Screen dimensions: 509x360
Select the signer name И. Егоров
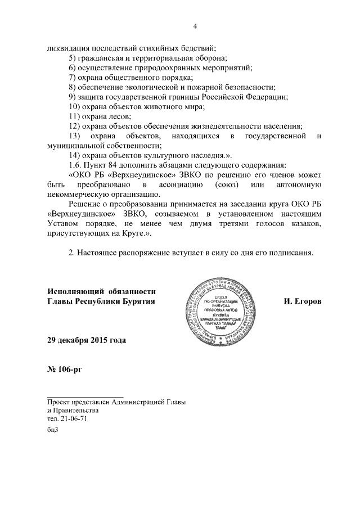[303, 302]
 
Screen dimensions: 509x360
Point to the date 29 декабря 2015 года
[87, 340]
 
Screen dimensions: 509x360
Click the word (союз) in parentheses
[227, 184]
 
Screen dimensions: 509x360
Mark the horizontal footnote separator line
[85, 397]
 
